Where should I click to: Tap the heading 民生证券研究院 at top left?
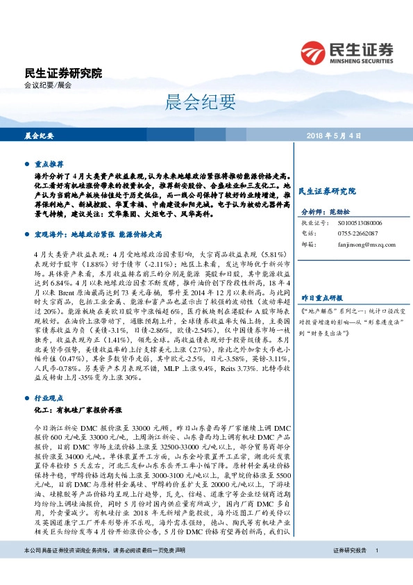[x=62, y=72]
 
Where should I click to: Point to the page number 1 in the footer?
[x=376, y=569]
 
